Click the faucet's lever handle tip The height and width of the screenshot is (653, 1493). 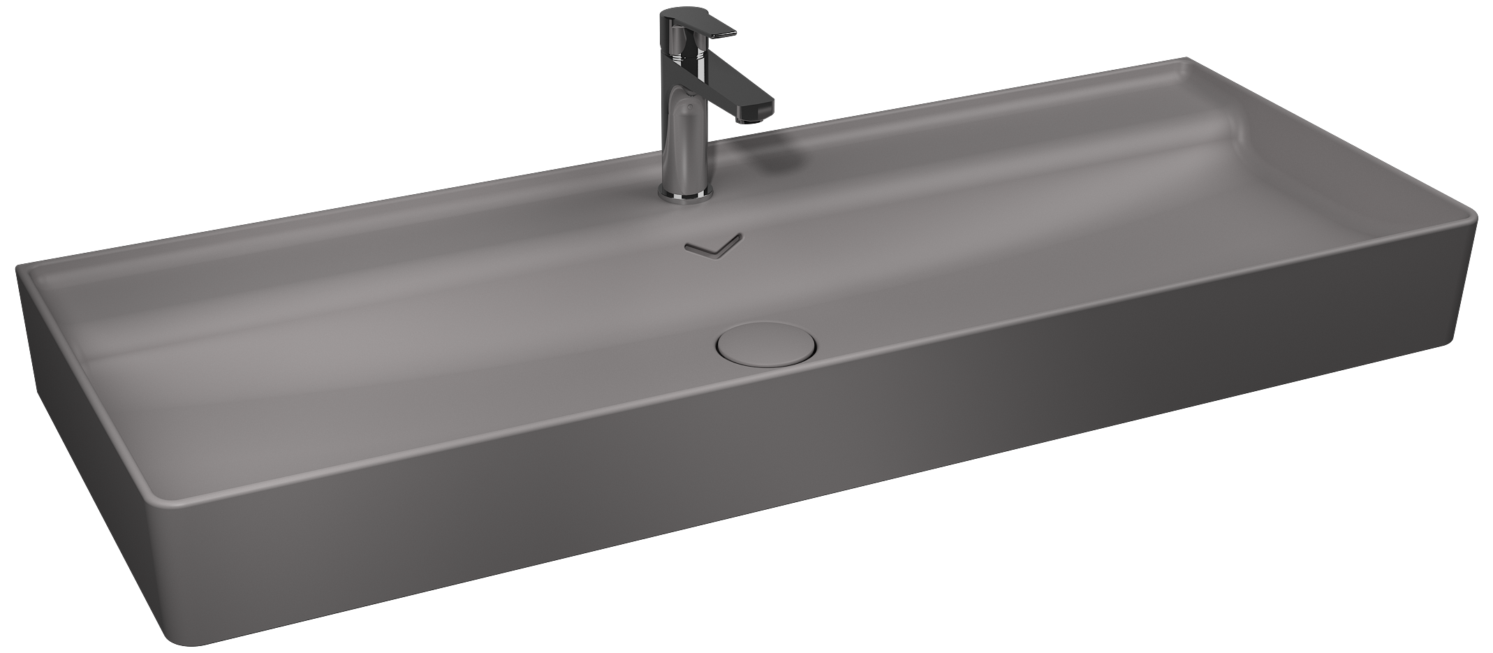726,33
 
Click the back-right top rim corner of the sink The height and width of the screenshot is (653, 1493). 1186,59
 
